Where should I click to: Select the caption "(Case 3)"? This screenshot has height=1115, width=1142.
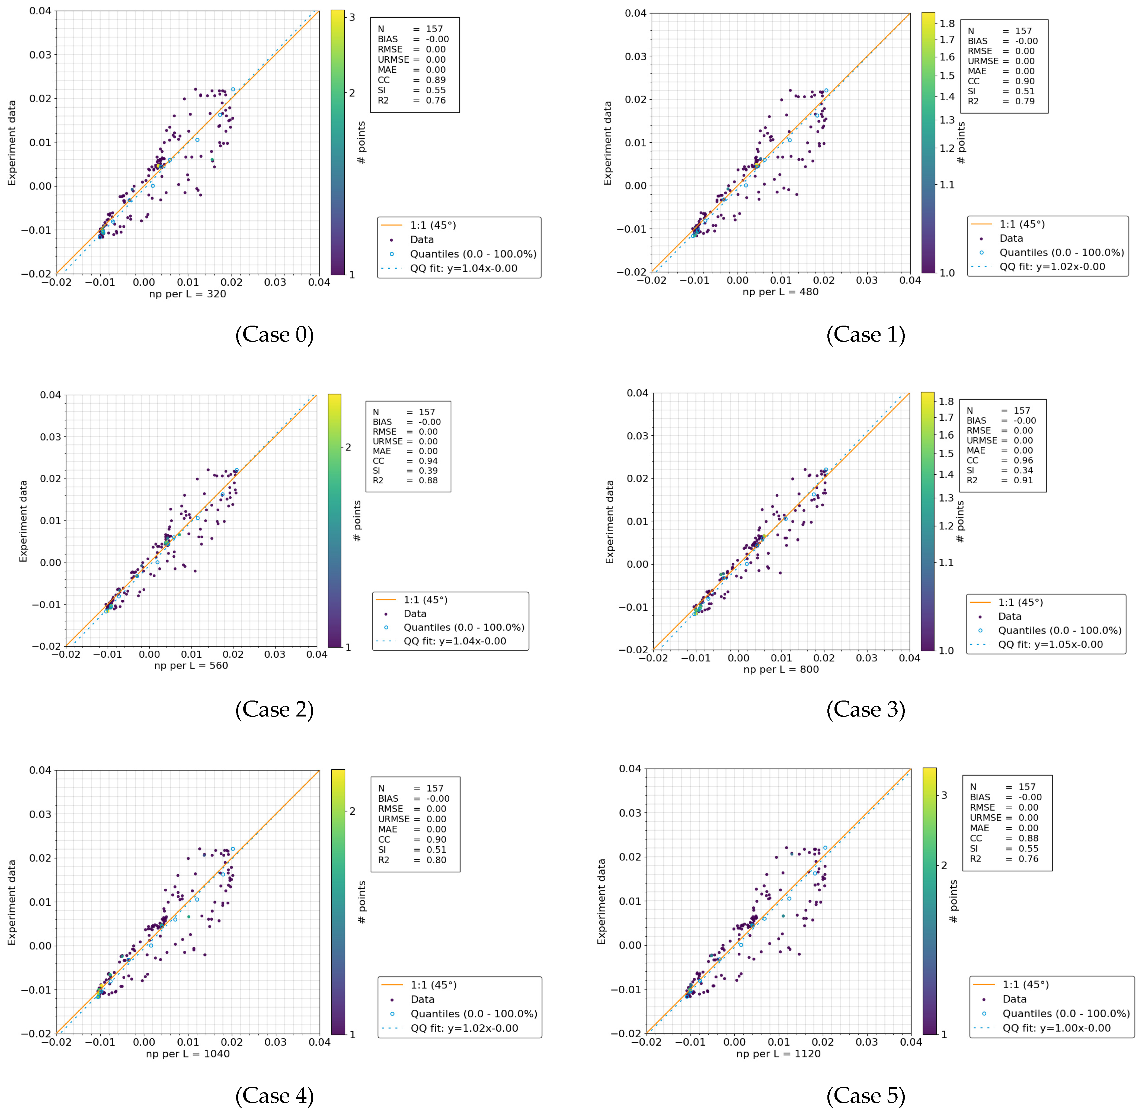(x=865, y=710)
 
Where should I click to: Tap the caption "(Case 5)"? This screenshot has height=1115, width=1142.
(x=865, y=1096)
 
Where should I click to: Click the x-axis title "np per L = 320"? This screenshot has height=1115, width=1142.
(x=187, y=294)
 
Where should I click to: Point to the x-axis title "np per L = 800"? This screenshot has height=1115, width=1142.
(x=780, y=669)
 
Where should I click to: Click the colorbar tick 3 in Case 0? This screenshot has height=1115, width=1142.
(x=352, y=18)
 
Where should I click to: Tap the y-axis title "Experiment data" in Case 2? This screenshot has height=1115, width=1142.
(x=23, y=521)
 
